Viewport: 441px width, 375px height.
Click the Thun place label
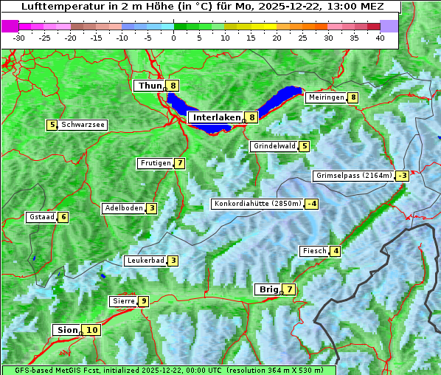[x=150, y=86]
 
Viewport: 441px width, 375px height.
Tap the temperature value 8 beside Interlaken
[x=252, y=117]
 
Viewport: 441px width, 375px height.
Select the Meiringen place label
[x=326, y=97]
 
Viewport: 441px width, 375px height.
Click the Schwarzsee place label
[x=83, y=125]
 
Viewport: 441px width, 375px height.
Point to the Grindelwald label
[x=274, y=146]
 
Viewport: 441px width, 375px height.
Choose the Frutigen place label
[x=156, y=163]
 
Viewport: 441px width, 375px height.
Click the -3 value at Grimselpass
[x=402, y=176]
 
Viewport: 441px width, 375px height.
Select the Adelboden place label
[x=123, y=208]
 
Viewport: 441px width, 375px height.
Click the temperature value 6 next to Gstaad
[x=63, y=217]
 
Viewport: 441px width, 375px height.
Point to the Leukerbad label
[x=145, y=261]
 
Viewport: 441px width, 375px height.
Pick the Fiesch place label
[x=314, y=251]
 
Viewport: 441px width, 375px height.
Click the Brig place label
[x=268, y=289]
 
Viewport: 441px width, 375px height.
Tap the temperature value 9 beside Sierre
[x=143, y=301]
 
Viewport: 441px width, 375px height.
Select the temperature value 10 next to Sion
[x=91, y=330]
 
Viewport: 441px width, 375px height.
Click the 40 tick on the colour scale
[x=380, y=38]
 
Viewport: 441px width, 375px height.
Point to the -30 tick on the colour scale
[x=19, y=38]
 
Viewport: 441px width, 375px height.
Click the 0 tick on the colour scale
[x=173, y=38]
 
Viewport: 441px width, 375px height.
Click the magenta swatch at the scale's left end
[x=10, y=26]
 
